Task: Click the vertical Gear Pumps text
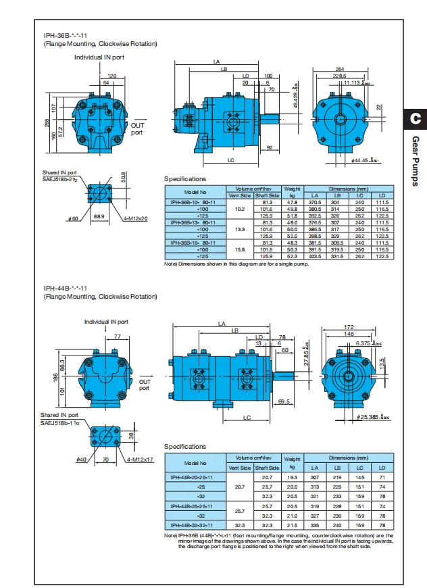(415, 161)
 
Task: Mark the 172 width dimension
(350, 327)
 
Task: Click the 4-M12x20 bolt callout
(137, 218)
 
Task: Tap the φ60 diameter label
(74, 218)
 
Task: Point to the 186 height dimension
(55, 376)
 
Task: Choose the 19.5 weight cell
(293, 477)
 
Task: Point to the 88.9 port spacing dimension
(99, 216)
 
